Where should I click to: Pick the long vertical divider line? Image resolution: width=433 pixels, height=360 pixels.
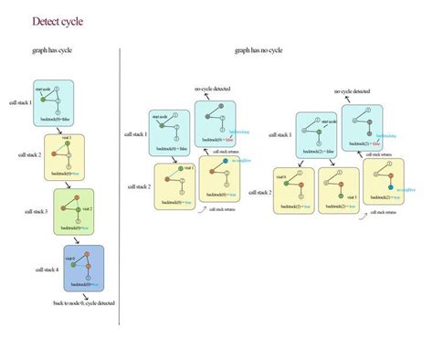(121, 183)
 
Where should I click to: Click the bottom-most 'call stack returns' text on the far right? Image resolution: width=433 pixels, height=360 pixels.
(384, 211)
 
